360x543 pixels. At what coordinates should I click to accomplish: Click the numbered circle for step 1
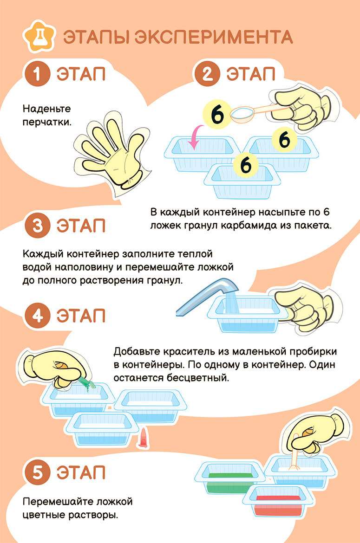tap(38, 73)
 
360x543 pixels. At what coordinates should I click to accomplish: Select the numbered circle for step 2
tap(207, 73)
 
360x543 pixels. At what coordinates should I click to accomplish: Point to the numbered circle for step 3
tap(38, 226)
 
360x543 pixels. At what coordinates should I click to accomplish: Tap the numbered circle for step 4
tap(38, 316)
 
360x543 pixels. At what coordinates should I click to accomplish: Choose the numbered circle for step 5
tap(38, 472)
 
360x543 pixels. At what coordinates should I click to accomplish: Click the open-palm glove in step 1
tap(111, 152)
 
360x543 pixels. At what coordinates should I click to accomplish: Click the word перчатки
tap(47, 122)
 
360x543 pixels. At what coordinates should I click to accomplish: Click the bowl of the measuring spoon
tap(242, 114)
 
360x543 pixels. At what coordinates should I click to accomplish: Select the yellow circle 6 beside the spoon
tap(217, 115)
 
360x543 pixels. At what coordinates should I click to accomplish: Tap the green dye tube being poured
tap(87, 383)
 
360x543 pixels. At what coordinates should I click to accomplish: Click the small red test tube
tap(143, 438)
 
